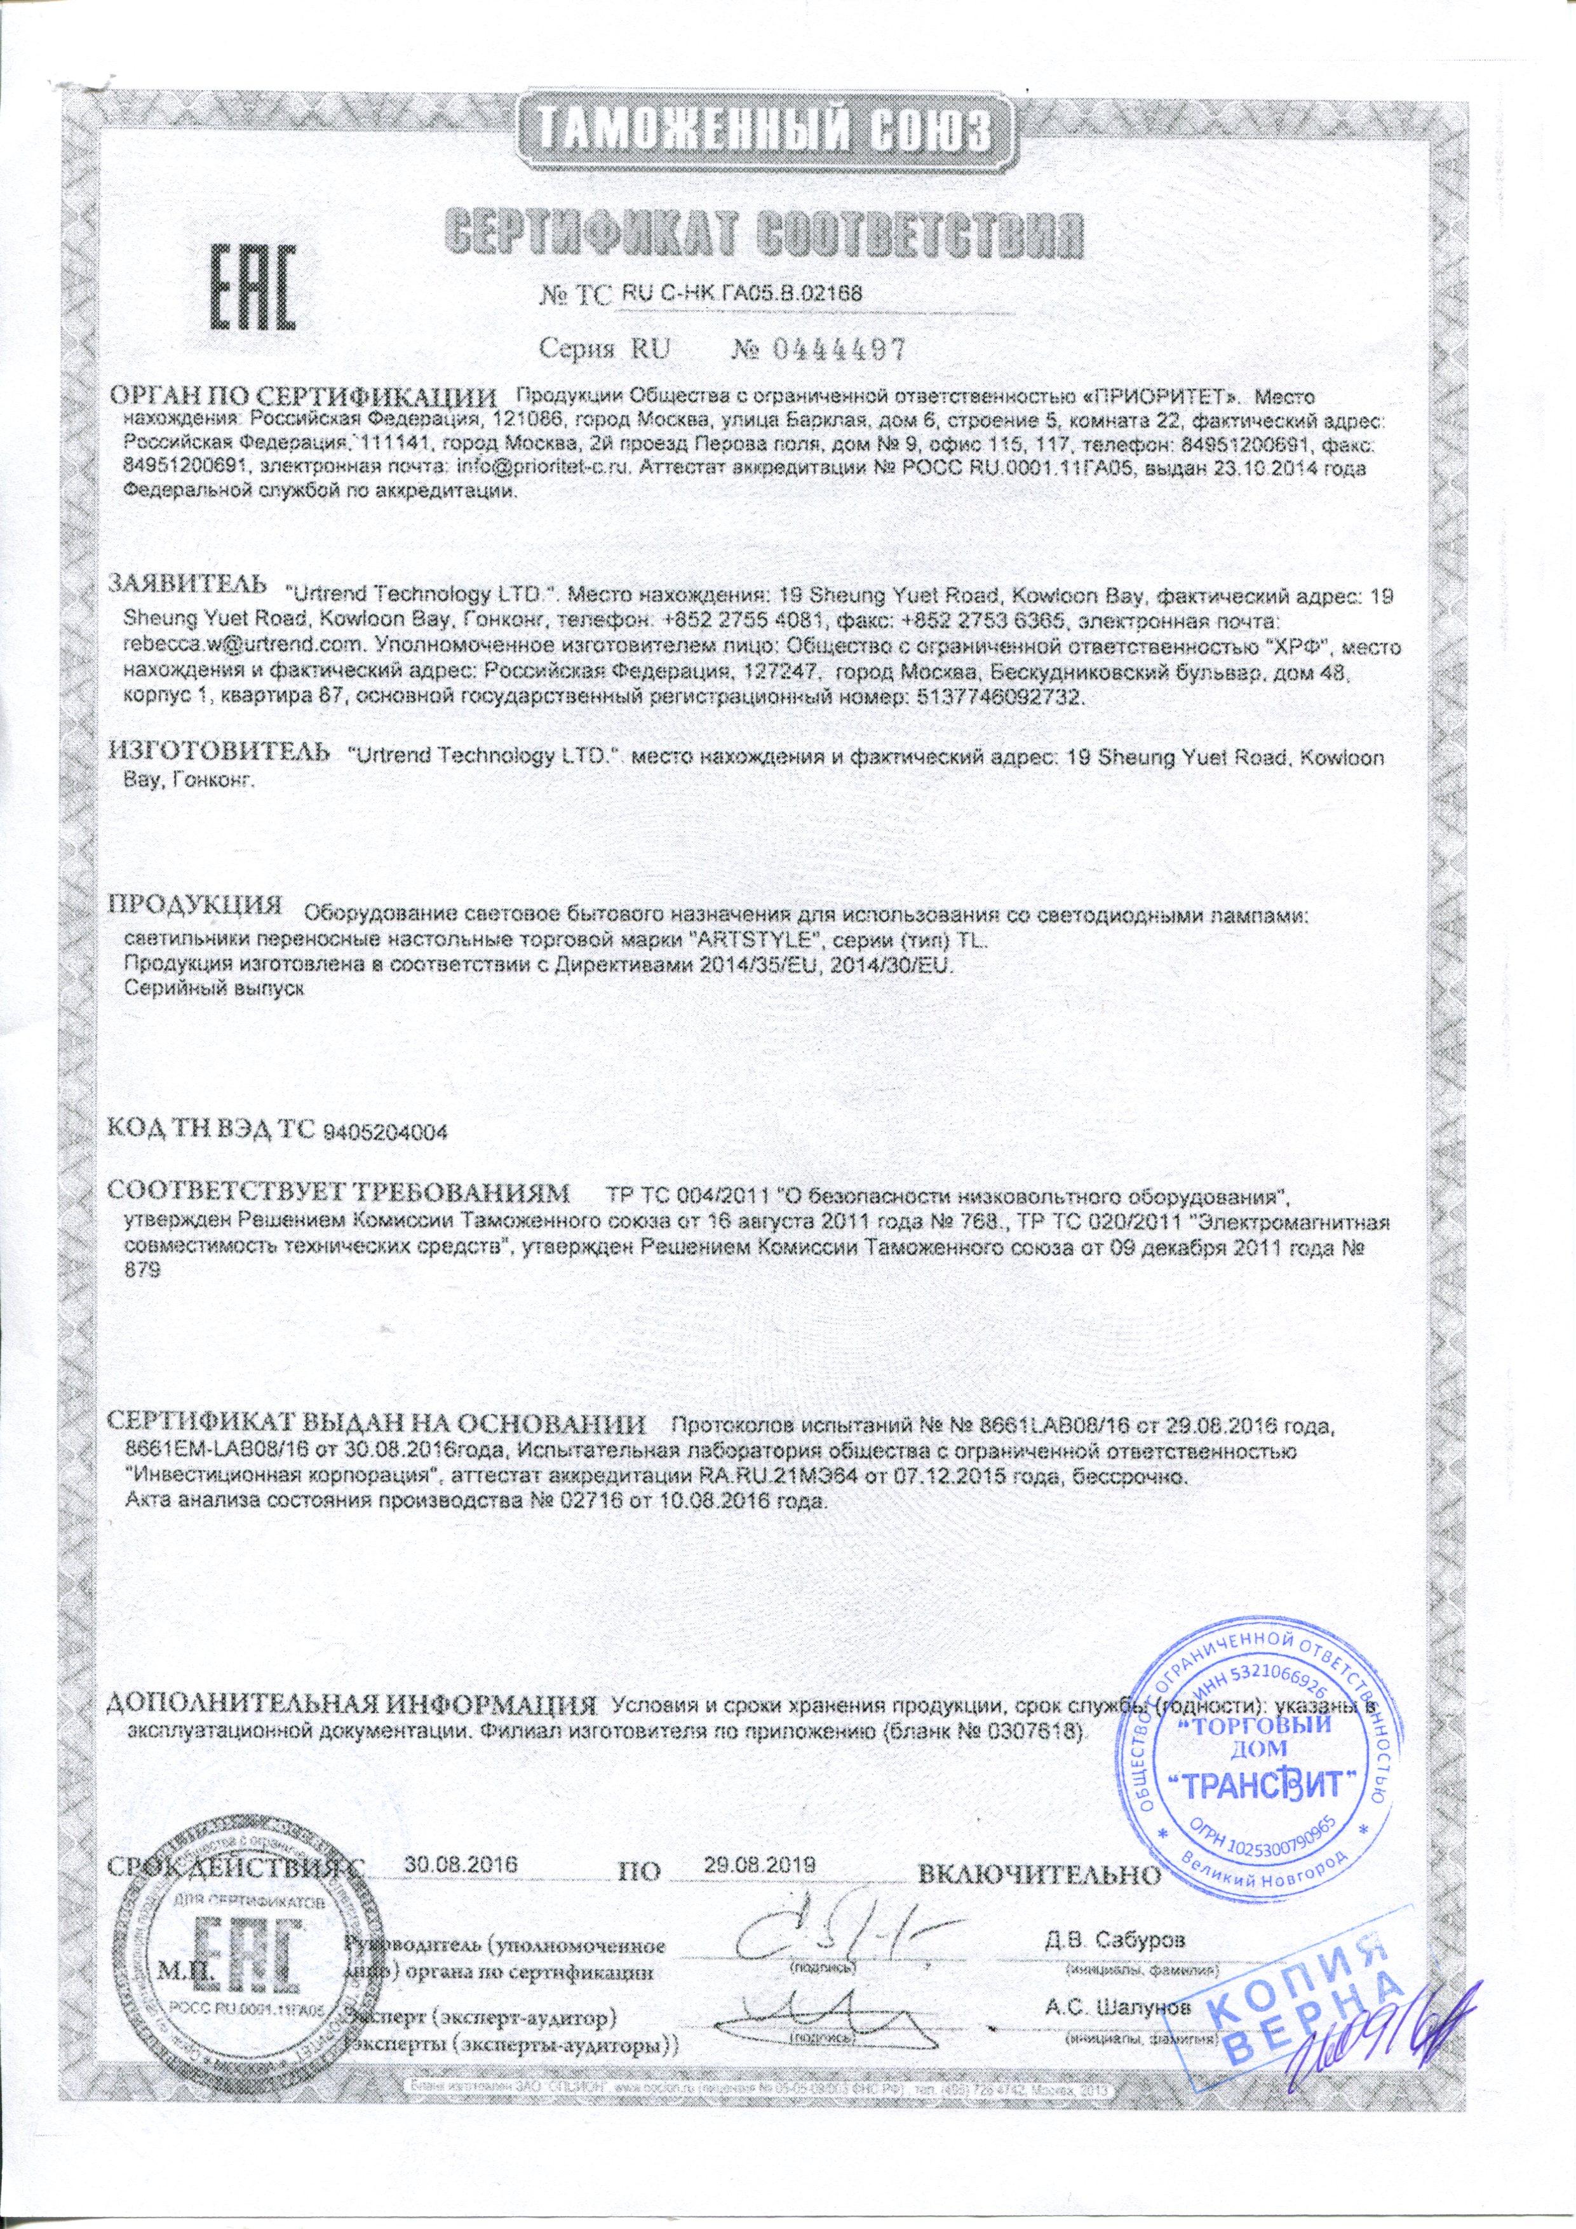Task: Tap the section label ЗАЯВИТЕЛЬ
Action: [x=187, y=584]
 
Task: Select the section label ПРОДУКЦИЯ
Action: [x=194, y=906]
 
